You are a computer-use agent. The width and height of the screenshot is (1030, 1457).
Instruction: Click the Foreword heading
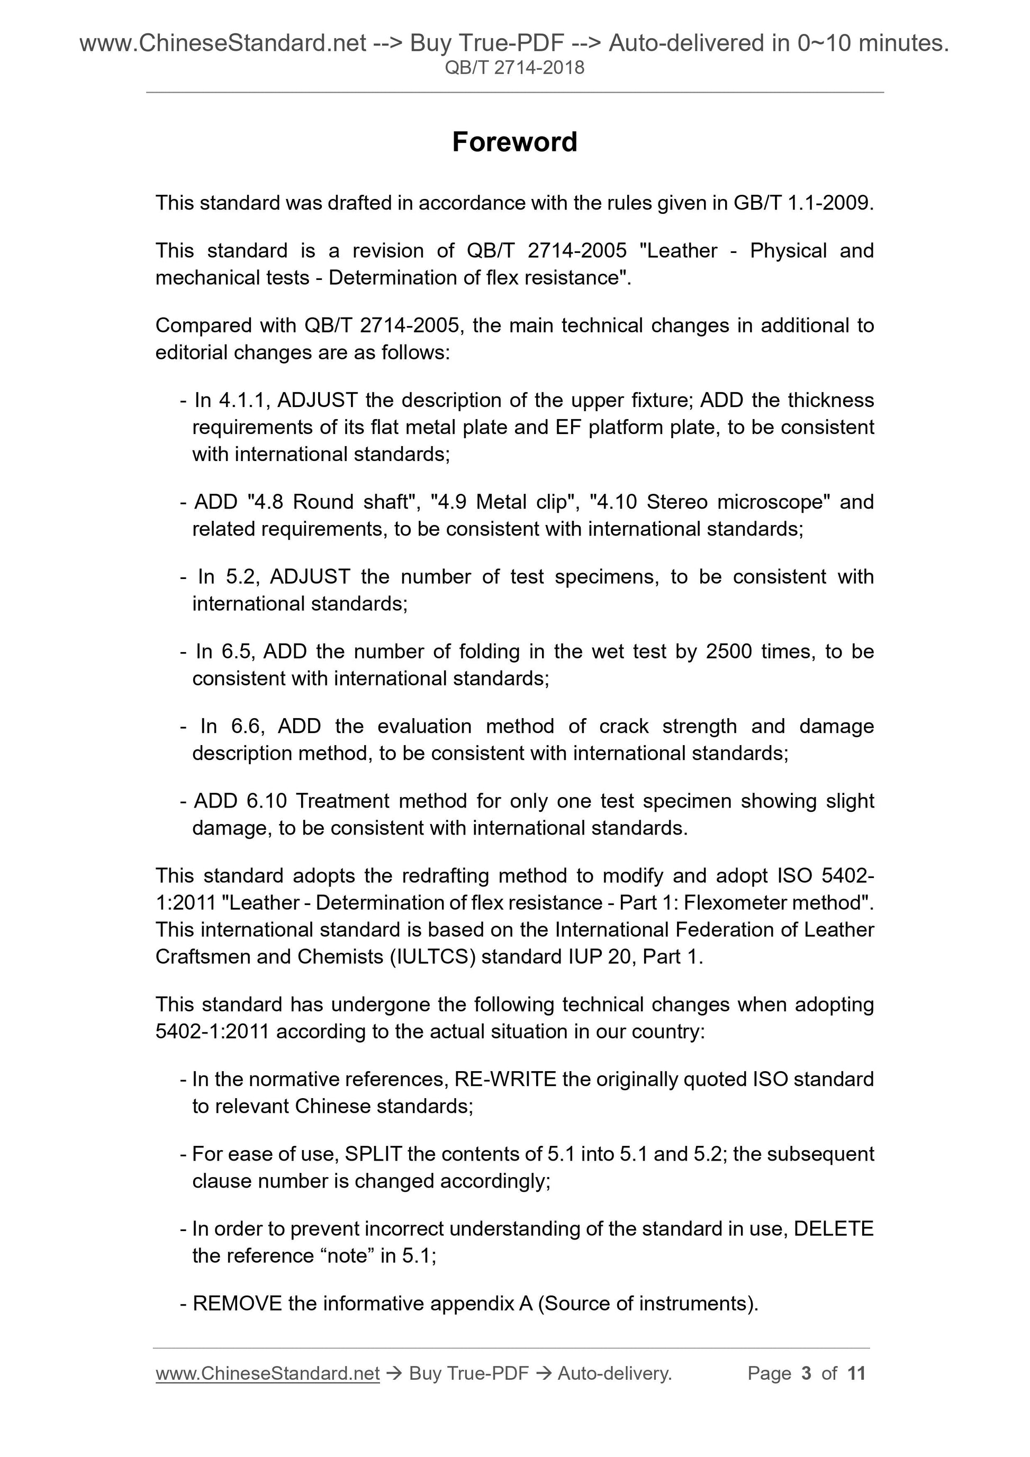click(x=514, y=142)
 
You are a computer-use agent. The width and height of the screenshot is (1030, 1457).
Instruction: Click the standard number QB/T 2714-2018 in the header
click(x=514, y=68)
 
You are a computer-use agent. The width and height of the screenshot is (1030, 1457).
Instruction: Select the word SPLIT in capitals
click(x=373, y=1154)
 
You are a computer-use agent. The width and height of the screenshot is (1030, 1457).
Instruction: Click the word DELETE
click(x=833, y=1228)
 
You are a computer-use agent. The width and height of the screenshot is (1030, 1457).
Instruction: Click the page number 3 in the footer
click(x=807, y=1373)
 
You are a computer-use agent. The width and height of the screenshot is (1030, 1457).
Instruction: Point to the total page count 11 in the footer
click(x=856, y=1373)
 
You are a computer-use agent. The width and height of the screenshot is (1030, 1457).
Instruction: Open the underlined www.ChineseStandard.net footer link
click(x=267, y=1373)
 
